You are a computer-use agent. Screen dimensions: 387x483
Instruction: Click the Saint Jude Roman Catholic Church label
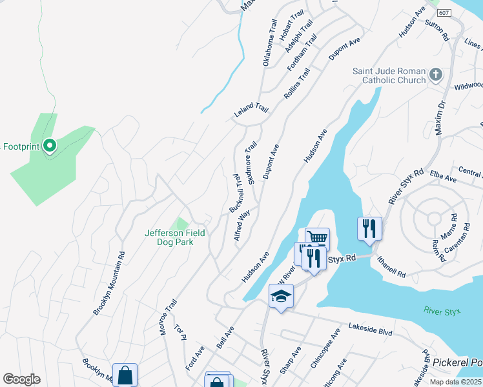click(389, 75)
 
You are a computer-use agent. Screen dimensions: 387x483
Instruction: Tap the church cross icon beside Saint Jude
click(436, 75)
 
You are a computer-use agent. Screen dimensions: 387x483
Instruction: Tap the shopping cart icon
click(317, 238)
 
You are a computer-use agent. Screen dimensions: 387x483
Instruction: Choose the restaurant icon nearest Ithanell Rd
click(369, 228)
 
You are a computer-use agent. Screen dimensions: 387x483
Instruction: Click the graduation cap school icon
click(281, 296)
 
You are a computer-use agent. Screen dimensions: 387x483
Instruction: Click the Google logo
click(21, 379)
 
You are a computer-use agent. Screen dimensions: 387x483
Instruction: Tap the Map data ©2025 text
click(456, 382)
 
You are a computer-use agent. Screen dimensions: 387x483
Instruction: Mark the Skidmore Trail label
click(251, 162)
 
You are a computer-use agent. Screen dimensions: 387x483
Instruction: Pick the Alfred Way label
click(243, 224)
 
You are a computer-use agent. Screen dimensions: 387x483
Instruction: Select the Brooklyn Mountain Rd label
click(108, 283)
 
